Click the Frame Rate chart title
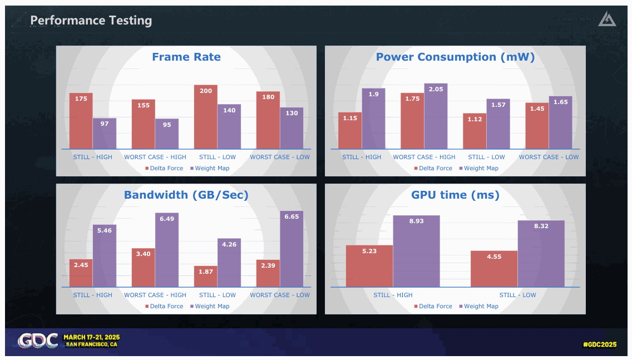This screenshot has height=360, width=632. (x=186, y=57)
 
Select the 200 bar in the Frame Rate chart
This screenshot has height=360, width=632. (x=205, y=117)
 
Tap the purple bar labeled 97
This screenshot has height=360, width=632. (x=105, y=134)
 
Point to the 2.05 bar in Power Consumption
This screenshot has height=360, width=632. (x=436, y=116)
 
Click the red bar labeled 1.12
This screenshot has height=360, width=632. (x=475, y=131)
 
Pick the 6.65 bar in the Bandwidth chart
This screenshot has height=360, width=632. (x=292, y=249)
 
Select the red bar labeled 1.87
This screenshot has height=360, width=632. (x=205, y=277)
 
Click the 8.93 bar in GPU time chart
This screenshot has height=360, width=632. (x=416, y=251)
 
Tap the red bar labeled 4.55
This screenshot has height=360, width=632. (x=494, y=269)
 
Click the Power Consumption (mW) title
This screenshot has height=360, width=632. (x=455, y=57)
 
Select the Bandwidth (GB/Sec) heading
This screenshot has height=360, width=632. (x=186, y=195)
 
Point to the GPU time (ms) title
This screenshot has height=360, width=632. (x=455, y=195)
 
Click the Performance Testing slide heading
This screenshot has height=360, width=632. (x=91, y=21)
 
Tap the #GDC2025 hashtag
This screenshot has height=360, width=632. (x=600, y=344)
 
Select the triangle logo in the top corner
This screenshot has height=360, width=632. (x=607, y=19)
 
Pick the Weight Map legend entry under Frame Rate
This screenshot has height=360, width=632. (x=210, y=168)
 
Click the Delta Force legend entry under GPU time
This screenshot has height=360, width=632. (x=433, y=306)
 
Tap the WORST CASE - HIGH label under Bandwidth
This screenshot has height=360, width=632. (x=155, y=295)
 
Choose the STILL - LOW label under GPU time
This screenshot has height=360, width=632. (x=517, y=295)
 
